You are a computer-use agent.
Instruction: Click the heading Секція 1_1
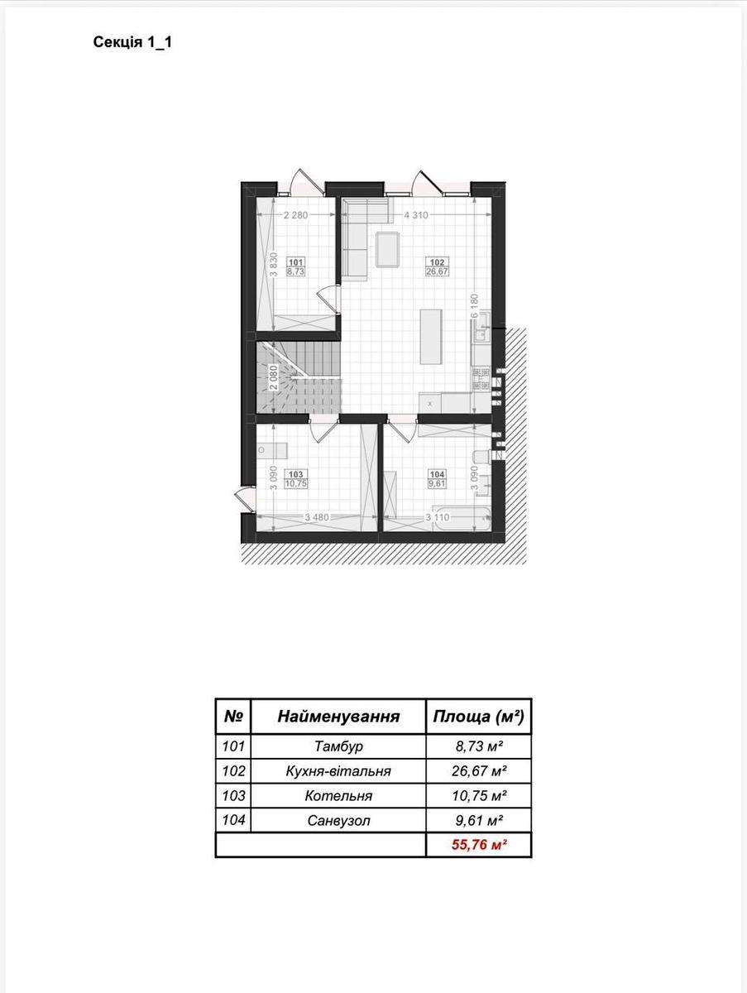[x=132, y=43]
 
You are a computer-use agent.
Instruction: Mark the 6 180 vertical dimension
[x=475, y=305]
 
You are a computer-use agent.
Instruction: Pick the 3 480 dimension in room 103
[x=317, y=517]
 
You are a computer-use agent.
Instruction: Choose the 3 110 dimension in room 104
[x=438, y=517]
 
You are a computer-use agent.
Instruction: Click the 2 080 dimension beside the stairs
[x=274, y=377]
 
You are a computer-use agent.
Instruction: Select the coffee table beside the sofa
[x=388, y=250]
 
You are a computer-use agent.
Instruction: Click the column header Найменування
[x=338, y=717]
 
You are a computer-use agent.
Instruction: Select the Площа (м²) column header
[x=478, y=717]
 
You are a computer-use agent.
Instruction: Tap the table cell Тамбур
[x=338, y=746]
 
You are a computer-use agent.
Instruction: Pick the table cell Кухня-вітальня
[x=338, y=771]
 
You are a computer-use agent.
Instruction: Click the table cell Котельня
[x=338, y=796]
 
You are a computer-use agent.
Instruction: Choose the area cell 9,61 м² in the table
[x=478, y=820]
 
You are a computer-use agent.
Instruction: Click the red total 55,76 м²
[x=478, y=845]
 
